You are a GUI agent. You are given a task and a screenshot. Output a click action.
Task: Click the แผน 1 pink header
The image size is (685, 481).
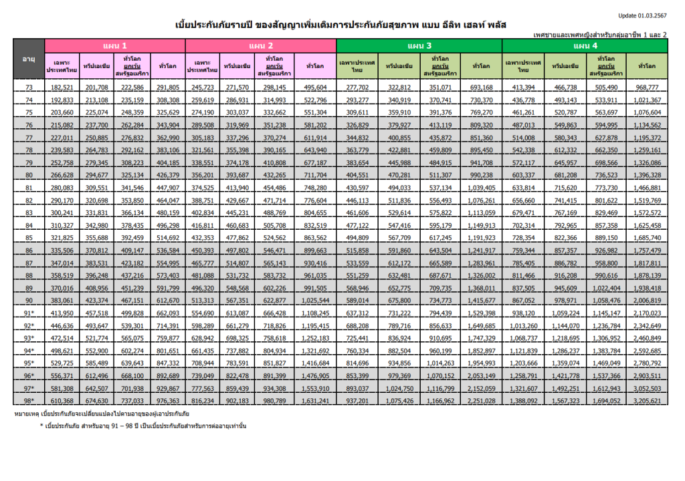click(x=114, y=45)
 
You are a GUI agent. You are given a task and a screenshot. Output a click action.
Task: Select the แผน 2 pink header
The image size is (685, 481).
click(x=261, y=45)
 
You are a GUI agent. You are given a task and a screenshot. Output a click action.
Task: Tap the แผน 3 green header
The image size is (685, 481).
click(x=419, y=45)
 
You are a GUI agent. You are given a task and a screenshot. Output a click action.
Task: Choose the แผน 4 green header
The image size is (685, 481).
click(x=585, y=45)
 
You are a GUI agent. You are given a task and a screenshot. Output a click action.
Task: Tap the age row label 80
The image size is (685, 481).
click(x=29, y=176)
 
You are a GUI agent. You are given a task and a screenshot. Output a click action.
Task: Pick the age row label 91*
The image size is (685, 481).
click(x=29, y=313)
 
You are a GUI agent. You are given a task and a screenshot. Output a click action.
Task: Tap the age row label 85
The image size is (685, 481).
click(x=29, y=238)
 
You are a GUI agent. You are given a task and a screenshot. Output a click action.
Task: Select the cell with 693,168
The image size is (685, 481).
click(x=482, y=88)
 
